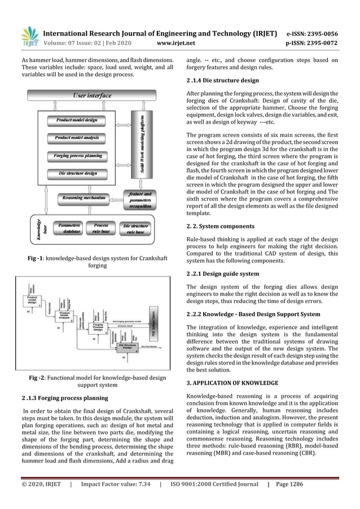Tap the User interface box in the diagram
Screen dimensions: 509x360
pyautogui.click(x=92, y=96)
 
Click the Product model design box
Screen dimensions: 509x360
pyautogui.click(x=77, y=120)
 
